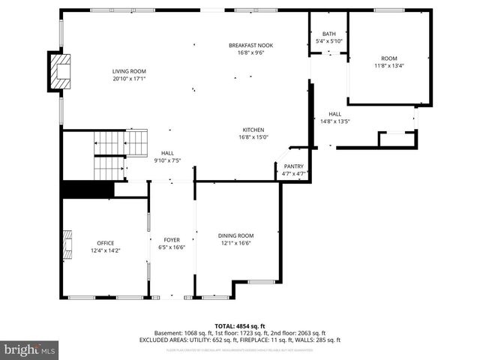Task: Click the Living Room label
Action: point(129,71)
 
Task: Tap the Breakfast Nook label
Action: point(250,46)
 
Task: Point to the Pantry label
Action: point(293,166)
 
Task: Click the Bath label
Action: point(329,34)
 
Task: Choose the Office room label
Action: point(105,243)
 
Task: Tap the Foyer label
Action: point(172,240)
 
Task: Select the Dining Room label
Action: point(235,235)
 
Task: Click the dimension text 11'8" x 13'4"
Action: point(388,65)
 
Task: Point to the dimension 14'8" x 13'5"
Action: point(335,121)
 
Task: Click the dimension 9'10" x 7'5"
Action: point(167,160)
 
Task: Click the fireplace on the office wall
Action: point(67,243)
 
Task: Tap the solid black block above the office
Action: point(87,189)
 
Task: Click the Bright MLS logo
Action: point(30,349)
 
